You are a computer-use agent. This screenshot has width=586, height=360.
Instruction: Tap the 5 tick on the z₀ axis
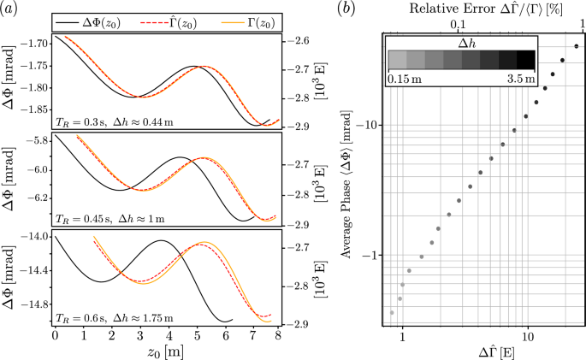coord(196,335)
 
